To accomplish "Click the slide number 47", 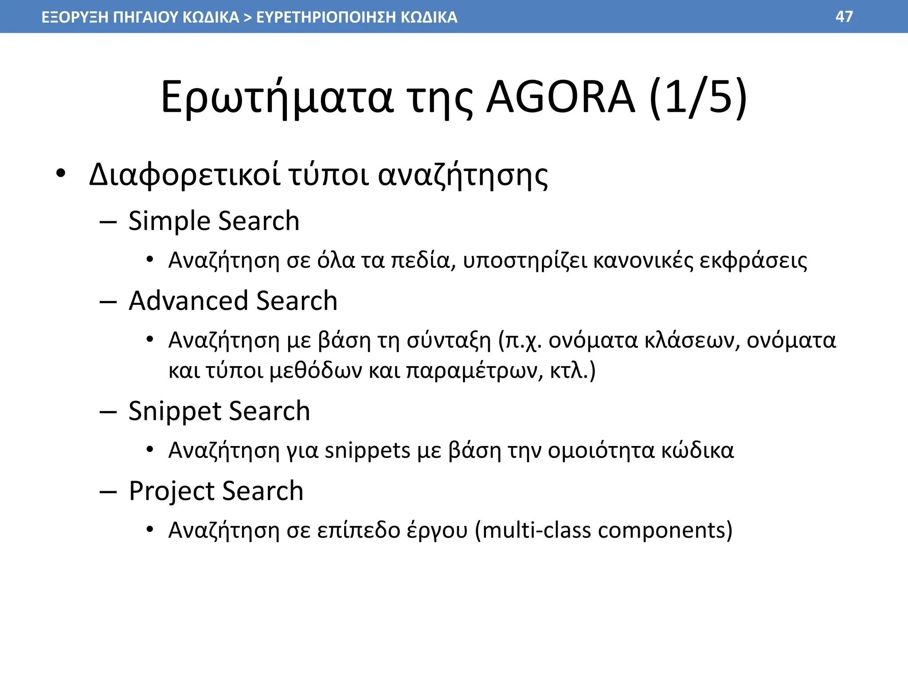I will point(844,17).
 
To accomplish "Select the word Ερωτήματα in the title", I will point(277,98).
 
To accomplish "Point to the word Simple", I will point(168,221).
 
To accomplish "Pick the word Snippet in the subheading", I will point(174,411).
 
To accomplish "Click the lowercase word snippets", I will point(368,450).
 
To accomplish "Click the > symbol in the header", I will point(247,17).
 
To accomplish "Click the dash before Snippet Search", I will point(108,412).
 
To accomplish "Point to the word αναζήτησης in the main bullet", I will point(463,175).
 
